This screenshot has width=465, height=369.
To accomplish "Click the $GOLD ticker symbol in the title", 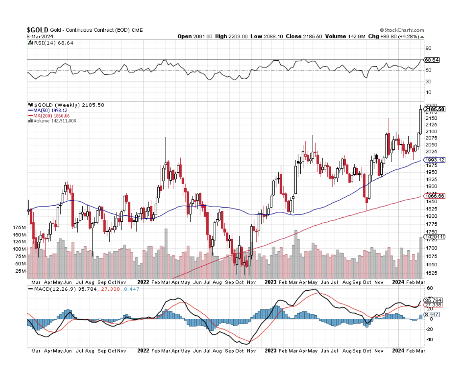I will pos(37,30).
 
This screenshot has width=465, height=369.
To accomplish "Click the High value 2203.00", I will pos(240,36).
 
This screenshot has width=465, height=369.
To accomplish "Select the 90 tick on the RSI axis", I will pos(428,48).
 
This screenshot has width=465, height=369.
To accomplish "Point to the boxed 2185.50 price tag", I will pos(434,110).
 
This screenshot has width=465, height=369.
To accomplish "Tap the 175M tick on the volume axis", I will pos(19,228).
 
